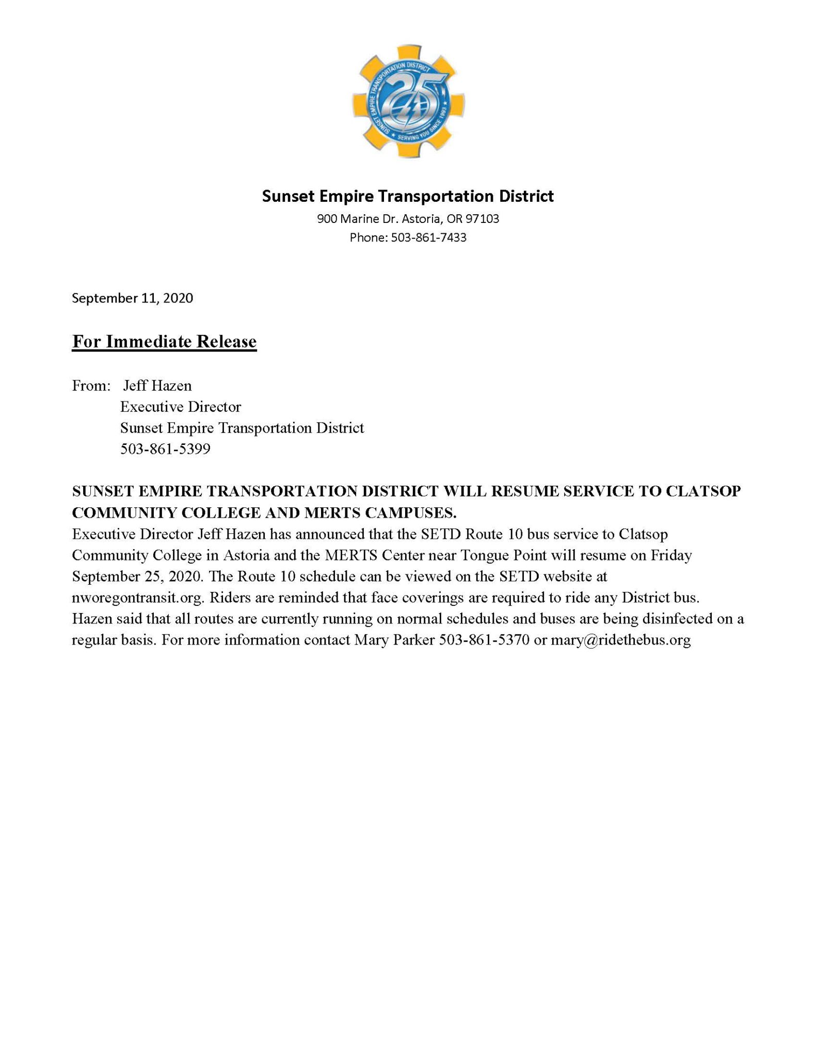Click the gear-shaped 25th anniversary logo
coord(408,101)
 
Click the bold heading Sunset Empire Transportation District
coord(408,196)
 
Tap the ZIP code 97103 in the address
coord(483,219)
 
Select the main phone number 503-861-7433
coord(428,237)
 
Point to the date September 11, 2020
coord(132,298)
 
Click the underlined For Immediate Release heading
coord(164,342)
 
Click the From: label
coord(91,386)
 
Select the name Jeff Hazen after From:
coord(157,386)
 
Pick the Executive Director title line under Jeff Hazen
coord(181,407)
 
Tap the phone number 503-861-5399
coord(165,449)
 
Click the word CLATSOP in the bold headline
coord(703,491)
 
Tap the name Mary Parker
coord(394,640)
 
